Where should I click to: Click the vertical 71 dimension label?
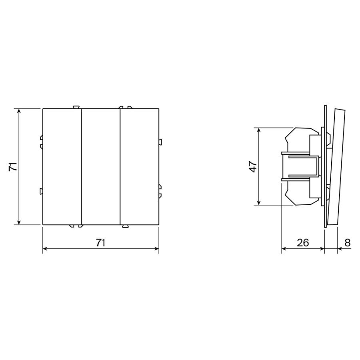(13, 166)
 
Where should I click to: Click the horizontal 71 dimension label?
(100, 243)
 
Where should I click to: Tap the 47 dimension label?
(253, 166)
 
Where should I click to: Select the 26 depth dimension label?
(303, 243)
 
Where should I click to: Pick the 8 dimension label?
(348, 243)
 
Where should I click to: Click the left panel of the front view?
(62, 166)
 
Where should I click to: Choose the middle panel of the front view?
(101, 166)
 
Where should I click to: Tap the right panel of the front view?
(139, 166)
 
